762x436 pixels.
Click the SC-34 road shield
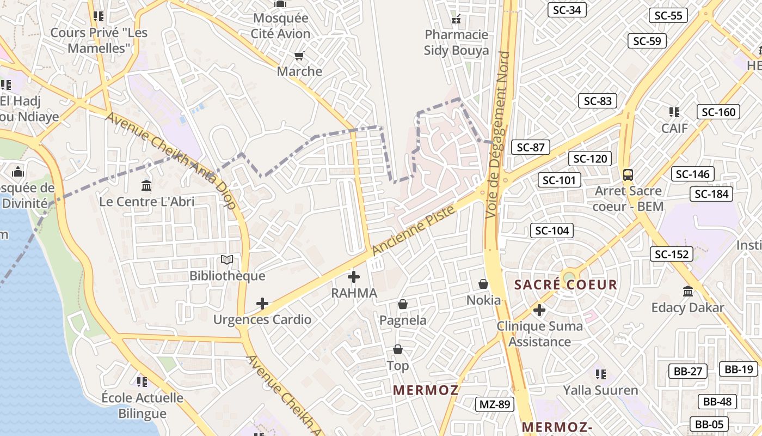(x=567, y=10)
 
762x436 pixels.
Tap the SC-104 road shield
(x=552, y=231)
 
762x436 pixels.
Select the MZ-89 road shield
(x=495, y=404)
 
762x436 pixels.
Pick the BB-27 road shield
(x=688, y=371)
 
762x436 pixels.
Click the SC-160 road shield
(x=718, y=112)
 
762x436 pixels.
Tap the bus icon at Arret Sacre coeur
(x=628, y=175)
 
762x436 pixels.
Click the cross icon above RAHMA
(x=354, y=277)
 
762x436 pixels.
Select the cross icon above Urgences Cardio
(x=262, y=304)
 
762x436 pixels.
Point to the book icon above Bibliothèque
(x=227, y=260)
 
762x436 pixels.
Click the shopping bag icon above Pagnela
(x=403, y=304)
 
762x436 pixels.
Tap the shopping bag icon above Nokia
(x=483, y=284)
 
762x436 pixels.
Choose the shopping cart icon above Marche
(x=299, y=56)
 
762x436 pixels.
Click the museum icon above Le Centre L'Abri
(x=146, y=186)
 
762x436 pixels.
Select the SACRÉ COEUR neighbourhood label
(x=566, y=284)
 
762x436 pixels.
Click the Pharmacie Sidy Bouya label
(x=457, y=43)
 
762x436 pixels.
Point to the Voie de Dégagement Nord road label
(x=498, y=135)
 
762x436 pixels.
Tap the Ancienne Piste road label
(x=414, y=231)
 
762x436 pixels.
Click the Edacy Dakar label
(x=688, y=307)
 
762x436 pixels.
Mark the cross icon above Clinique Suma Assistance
(x=539, y=310)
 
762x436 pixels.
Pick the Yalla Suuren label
(x=601, y=390)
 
